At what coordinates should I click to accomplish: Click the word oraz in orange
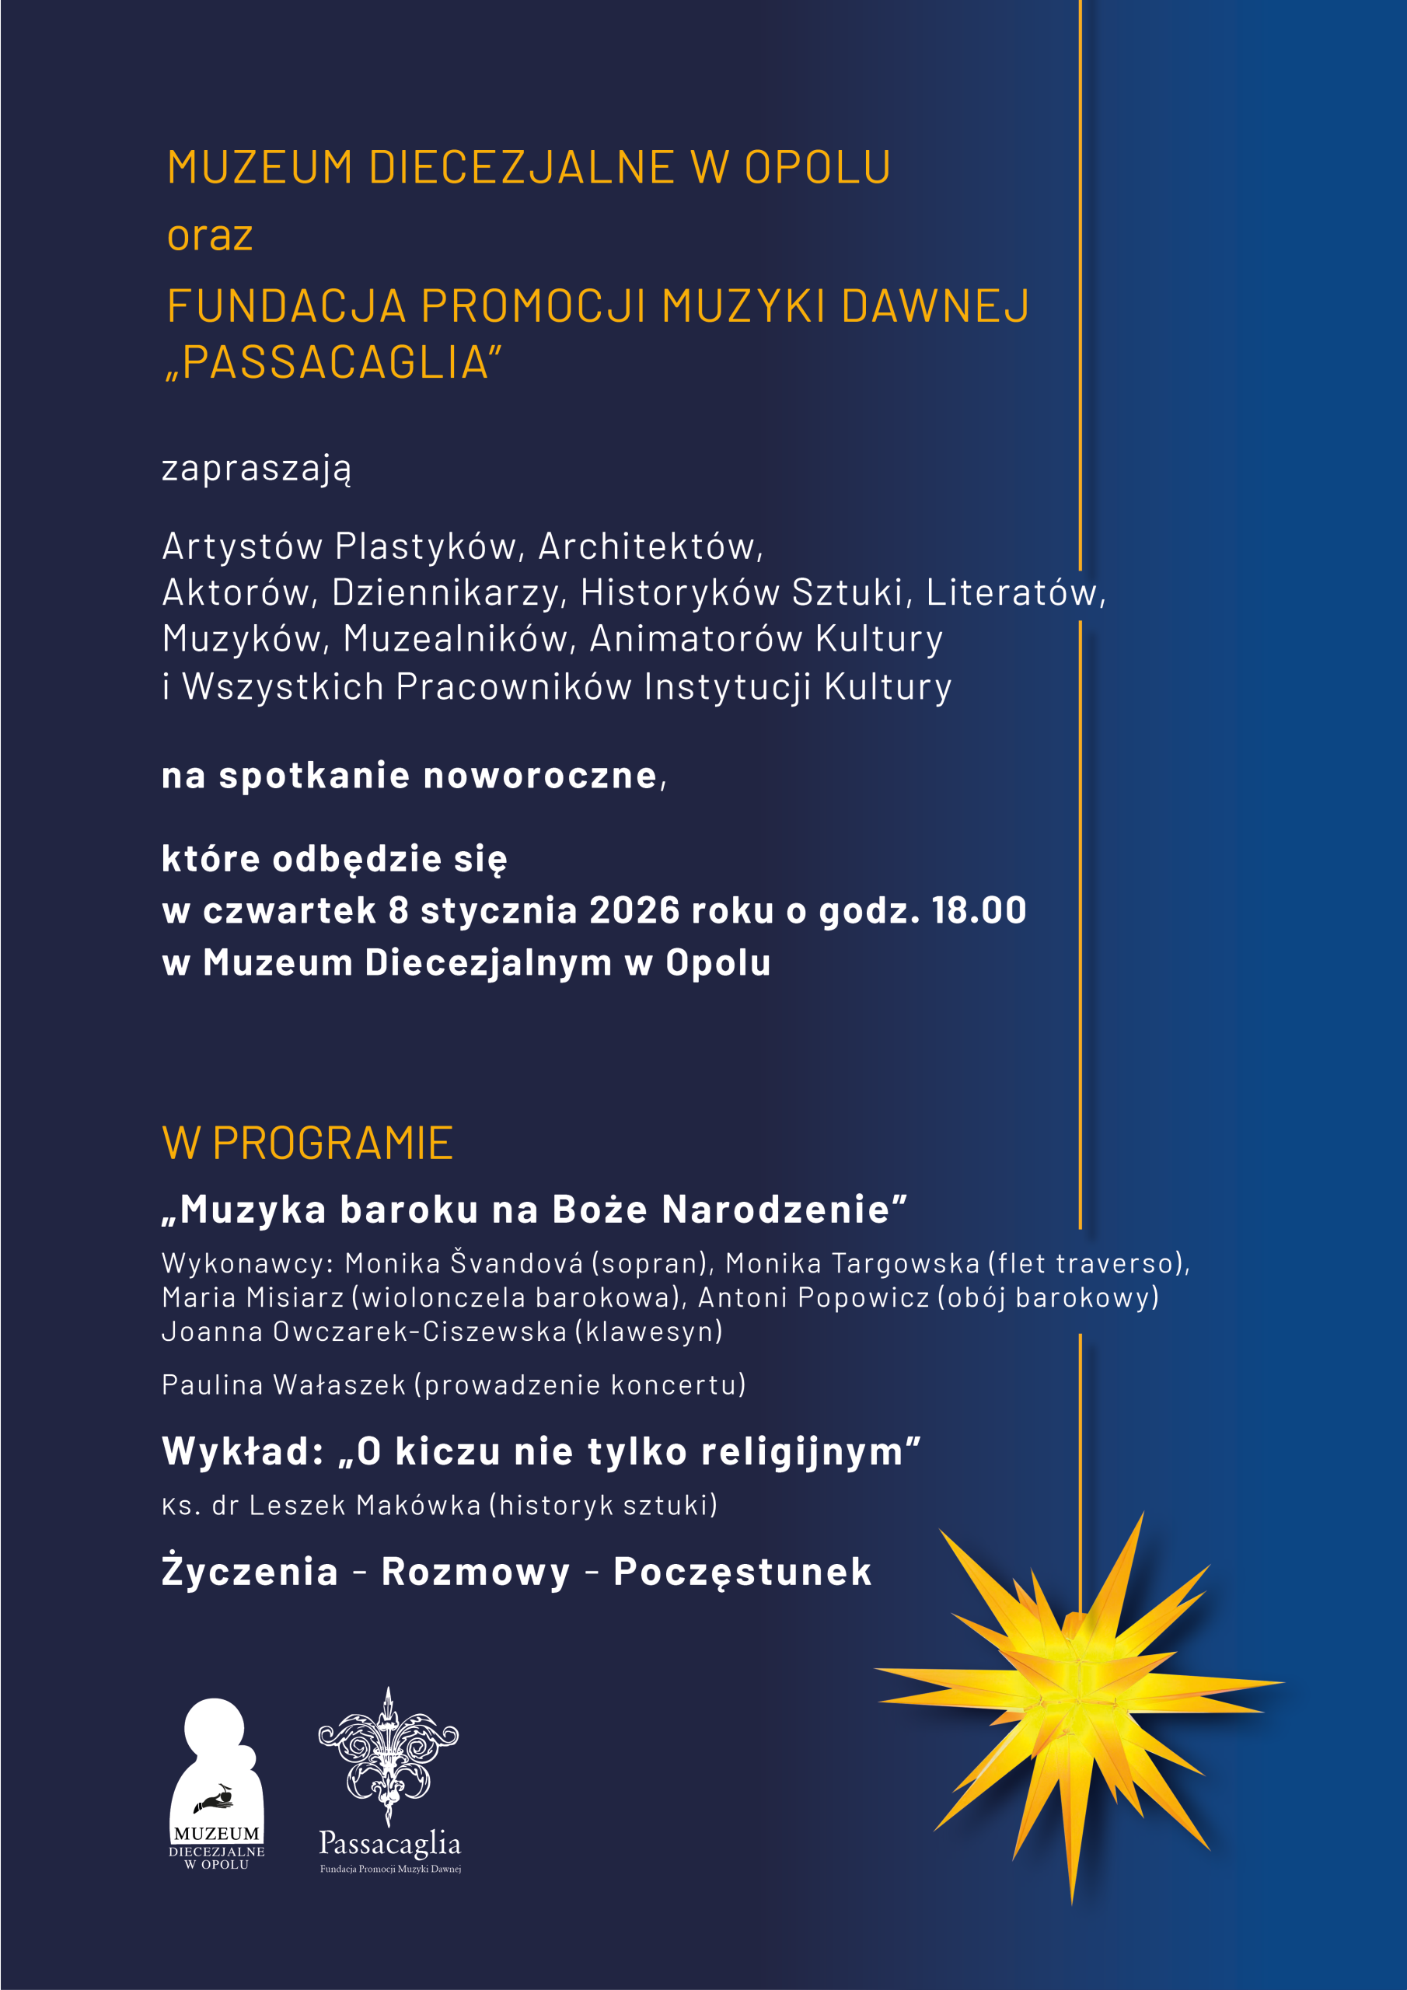pos(210,236)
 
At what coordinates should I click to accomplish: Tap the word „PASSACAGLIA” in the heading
pos(334,362)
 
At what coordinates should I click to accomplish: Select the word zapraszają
pos(257,469)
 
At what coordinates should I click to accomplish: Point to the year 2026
pos(634,910)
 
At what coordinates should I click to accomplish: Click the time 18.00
pos(979,910)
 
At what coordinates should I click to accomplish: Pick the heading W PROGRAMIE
pos(308,1143)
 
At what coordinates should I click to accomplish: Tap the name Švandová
pos(517,1263)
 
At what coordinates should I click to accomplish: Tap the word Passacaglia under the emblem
pos(389,1842)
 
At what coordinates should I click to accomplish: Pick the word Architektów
pos(650,546)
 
